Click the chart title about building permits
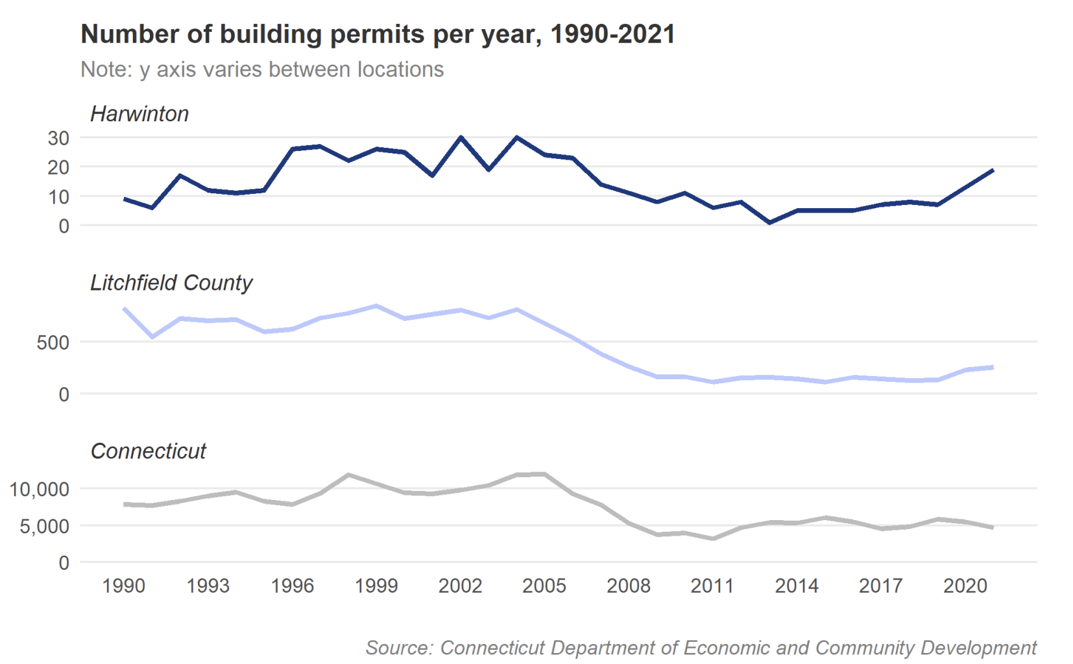378,34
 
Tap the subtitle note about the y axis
262,69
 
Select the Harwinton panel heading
139,114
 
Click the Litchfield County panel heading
171,283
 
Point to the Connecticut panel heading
148,451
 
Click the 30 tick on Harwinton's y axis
58,138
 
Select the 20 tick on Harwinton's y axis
58,167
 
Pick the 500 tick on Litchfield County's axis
53,342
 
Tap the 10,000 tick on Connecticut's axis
40,490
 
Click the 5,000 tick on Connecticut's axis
44,526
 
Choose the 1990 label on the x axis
124,586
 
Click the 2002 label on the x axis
460,586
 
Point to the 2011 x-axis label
712,586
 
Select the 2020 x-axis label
965,586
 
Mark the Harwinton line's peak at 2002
461,137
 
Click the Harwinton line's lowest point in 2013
769,222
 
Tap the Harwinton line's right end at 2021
993,171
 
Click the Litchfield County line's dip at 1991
152,337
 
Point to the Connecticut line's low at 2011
713,538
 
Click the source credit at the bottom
701,648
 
